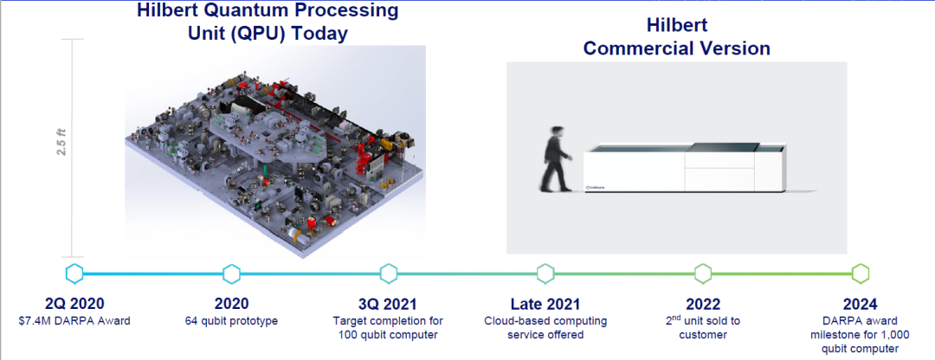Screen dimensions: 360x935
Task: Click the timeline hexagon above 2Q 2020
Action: [74, 273]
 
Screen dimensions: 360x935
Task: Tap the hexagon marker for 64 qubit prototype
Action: [231, 273]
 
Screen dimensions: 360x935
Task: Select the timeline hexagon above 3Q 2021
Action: [389, 273]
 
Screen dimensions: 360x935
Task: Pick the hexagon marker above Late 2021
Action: [545, 273]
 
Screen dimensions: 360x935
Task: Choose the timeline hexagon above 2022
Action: [703, 273]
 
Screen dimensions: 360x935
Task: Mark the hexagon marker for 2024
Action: [860, 273]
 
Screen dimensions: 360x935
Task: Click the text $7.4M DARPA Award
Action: [74, 321]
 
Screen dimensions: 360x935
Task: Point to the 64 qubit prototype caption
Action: [231, 321]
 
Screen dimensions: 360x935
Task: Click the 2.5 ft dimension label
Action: [61, 141]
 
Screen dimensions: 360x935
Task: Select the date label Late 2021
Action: [545, 304]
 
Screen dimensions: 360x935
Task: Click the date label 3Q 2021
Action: [389, 304]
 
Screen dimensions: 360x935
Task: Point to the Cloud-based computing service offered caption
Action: [545, 328]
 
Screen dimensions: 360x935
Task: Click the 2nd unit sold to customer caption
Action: [703, 328]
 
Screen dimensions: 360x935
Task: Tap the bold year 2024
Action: [860, 304]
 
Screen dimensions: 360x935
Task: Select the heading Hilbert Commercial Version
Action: [676, 37]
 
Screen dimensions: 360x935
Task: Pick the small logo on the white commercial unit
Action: [596, 185]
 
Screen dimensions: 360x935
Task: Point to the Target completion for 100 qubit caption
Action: [389, 328]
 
